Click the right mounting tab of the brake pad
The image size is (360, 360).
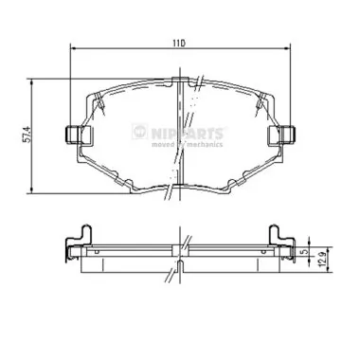[281, 137]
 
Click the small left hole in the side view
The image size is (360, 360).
[96, 251]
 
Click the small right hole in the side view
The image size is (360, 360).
[261, 251]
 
